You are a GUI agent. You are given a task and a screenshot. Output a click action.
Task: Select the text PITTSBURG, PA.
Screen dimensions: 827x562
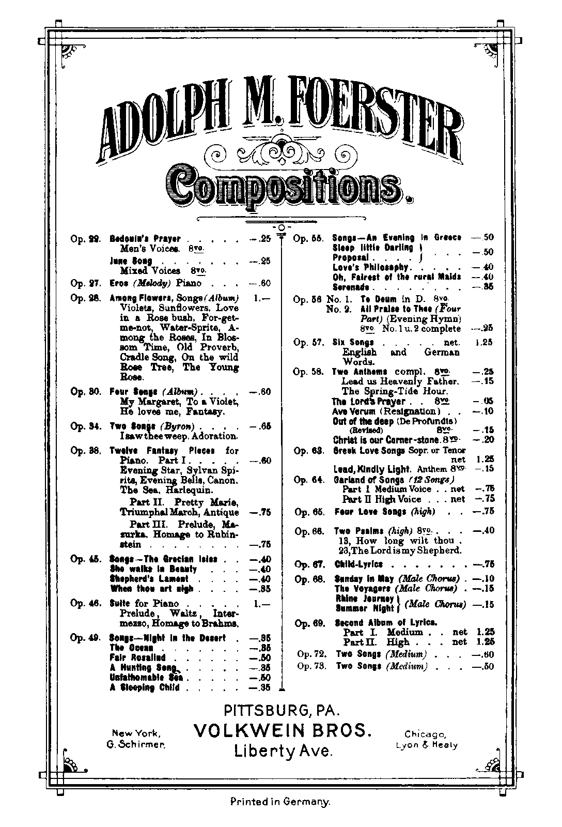pyautogui.click(x=282, y=710)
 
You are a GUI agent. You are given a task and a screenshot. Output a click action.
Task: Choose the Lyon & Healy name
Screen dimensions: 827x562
pyautogui.click(x=426, y=745)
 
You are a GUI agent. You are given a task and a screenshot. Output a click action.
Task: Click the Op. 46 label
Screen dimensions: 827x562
pyautogui.click(x=85, y=603)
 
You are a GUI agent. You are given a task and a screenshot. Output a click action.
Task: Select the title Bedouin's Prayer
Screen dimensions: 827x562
pyautogui.click(x=145, y=239)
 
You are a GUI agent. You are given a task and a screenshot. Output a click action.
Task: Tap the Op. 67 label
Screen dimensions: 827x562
pyautogui.click(x=309, y=564)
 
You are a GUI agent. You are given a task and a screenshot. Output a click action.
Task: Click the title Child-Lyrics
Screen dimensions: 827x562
pyautogui.click(x=358, y=564)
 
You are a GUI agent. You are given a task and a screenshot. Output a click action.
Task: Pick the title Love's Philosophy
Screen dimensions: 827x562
pyautogui.click(x=371, y=267)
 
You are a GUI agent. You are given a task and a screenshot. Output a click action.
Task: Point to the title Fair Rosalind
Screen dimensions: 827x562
pyautogui.click(x=137, y=657)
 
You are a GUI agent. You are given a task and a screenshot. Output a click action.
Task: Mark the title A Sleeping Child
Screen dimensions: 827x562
pyautogui.click(x=145, y=687)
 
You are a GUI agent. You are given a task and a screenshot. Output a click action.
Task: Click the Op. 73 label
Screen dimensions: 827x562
pyautogui.click(x=311, y=666)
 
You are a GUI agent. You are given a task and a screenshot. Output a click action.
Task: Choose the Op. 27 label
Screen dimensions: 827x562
pyautogui.click(x=85, y=283)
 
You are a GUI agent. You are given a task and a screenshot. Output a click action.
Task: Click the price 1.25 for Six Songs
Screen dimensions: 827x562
pyautogui.click(x=484, y=342)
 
